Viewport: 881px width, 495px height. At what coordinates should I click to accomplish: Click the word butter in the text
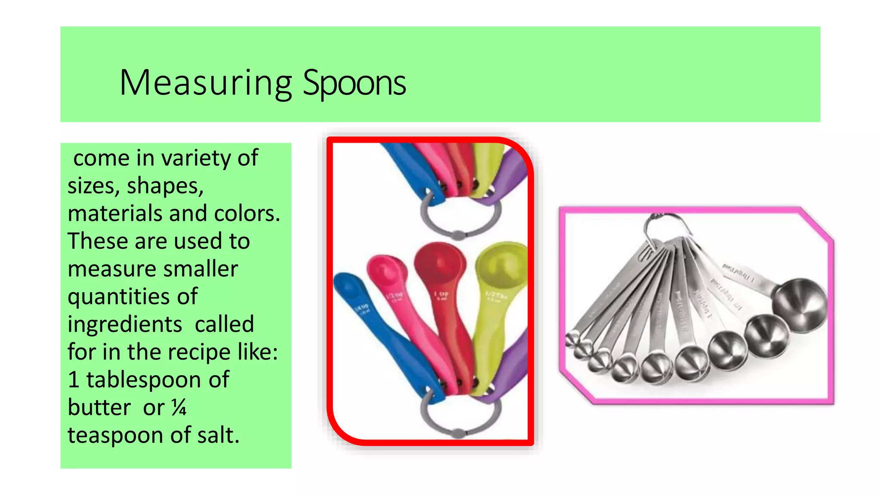pos(99,407)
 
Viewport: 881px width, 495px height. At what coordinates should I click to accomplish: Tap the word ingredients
pos(125,324)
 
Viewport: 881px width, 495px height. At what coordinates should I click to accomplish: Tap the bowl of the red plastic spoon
pos(440,262)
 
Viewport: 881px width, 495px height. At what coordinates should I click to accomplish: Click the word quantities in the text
pos(132,296)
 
